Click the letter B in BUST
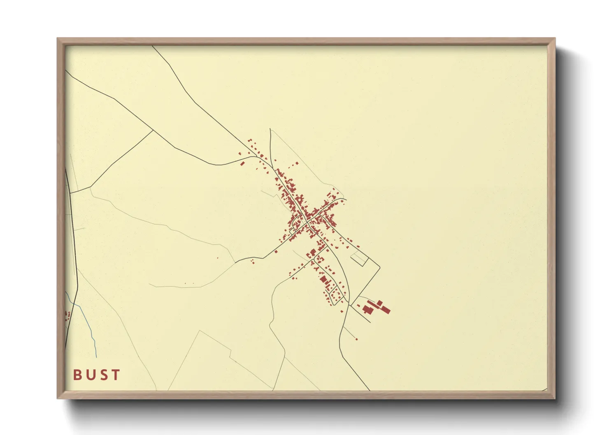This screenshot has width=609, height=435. pyautogui.click(x=77, y=375)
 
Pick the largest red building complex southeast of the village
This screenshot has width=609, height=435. pyautogui.click(x=376, y=307)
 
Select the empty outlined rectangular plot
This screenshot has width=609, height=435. pyautogui.click(x=358, y=259)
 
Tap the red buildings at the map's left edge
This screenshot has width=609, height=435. pyautogui.click(x=67, y=316)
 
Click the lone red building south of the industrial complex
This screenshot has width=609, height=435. pyautogui.click(x=356, y=339)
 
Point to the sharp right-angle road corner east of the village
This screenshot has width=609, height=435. pyautogui.click(x=379, y=268)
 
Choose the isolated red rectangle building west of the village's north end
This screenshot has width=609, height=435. pyautogui.click(x=243, y=163)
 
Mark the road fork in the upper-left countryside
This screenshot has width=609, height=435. pyautogui.click(x=153, y=130)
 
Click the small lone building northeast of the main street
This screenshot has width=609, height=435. pyautogui.click(x=297, y=163)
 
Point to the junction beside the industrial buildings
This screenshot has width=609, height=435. pyautogui.click(x=350, y=305)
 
